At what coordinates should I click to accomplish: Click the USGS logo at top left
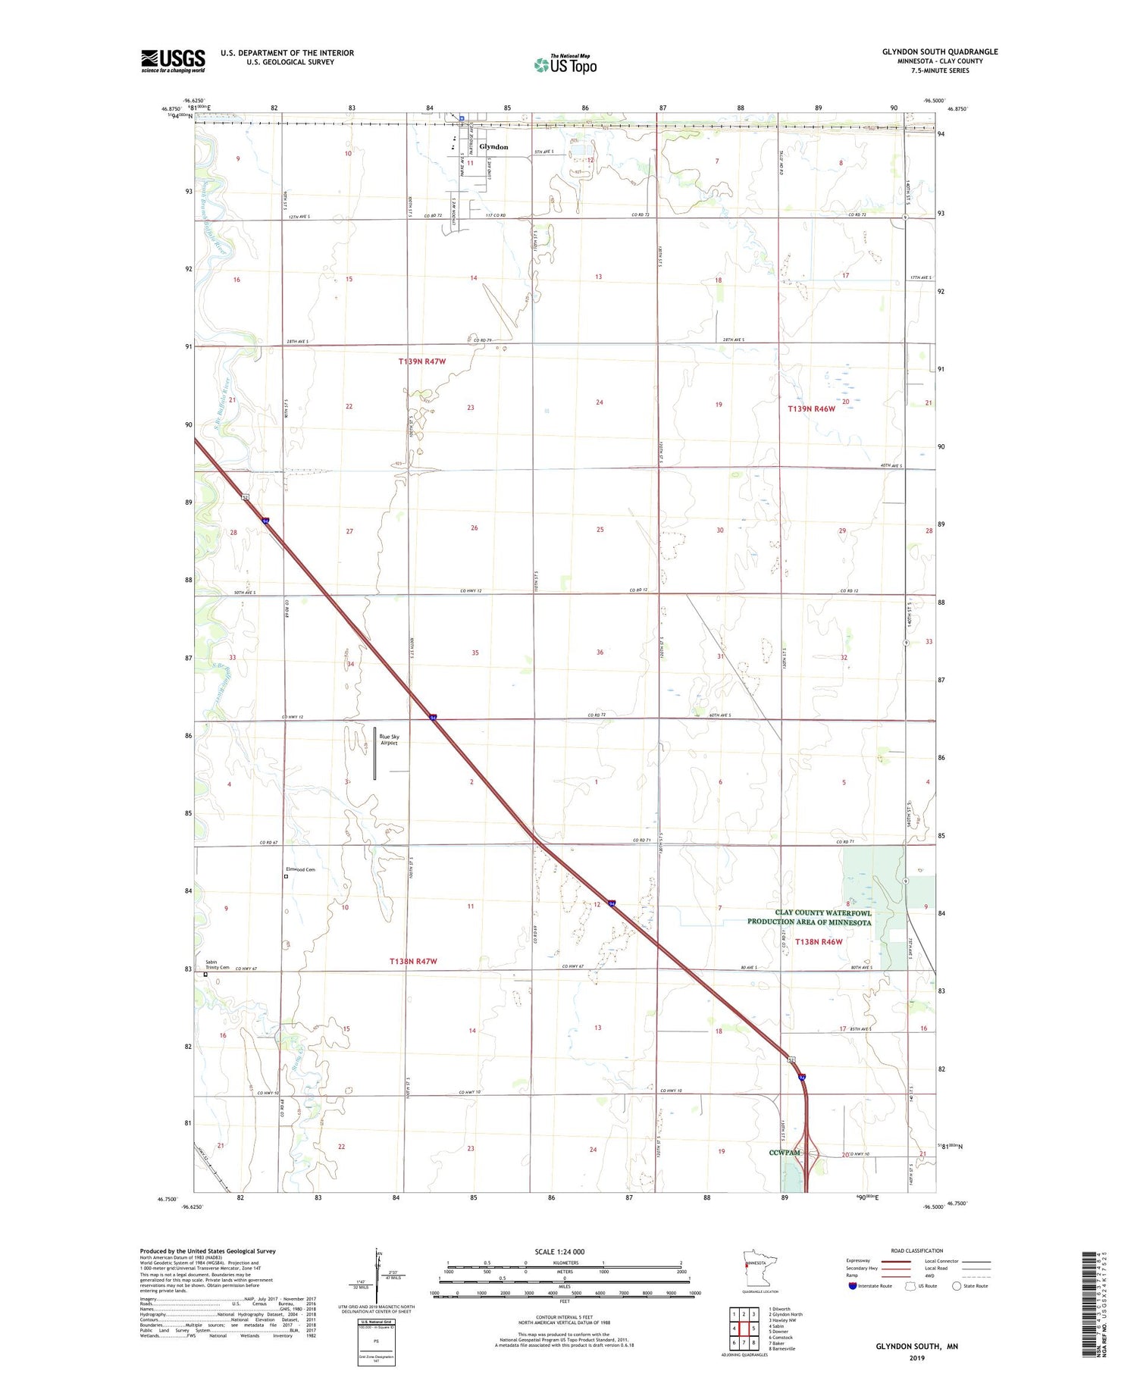coord(173,61)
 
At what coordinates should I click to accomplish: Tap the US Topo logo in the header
coord(565,65)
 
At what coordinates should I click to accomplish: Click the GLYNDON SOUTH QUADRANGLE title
coord(939,52)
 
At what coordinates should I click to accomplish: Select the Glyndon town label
coord(493,147)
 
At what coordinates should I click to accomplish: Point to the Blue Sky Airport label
coord(389,740)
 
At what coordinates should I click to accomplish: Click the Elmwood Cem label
coord(300,869)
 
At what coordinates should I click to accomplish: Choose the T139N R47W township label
coord(422,361)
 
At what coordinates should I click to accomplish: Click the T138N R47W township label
coord(413,961)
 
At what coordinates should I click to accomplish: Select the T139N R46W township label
coord(811,409)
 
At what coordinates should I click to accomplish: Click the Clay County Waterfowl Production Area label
coord(810,918)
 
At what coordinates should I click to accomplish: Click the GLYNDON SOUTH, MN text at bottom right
coord(916,1347)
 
